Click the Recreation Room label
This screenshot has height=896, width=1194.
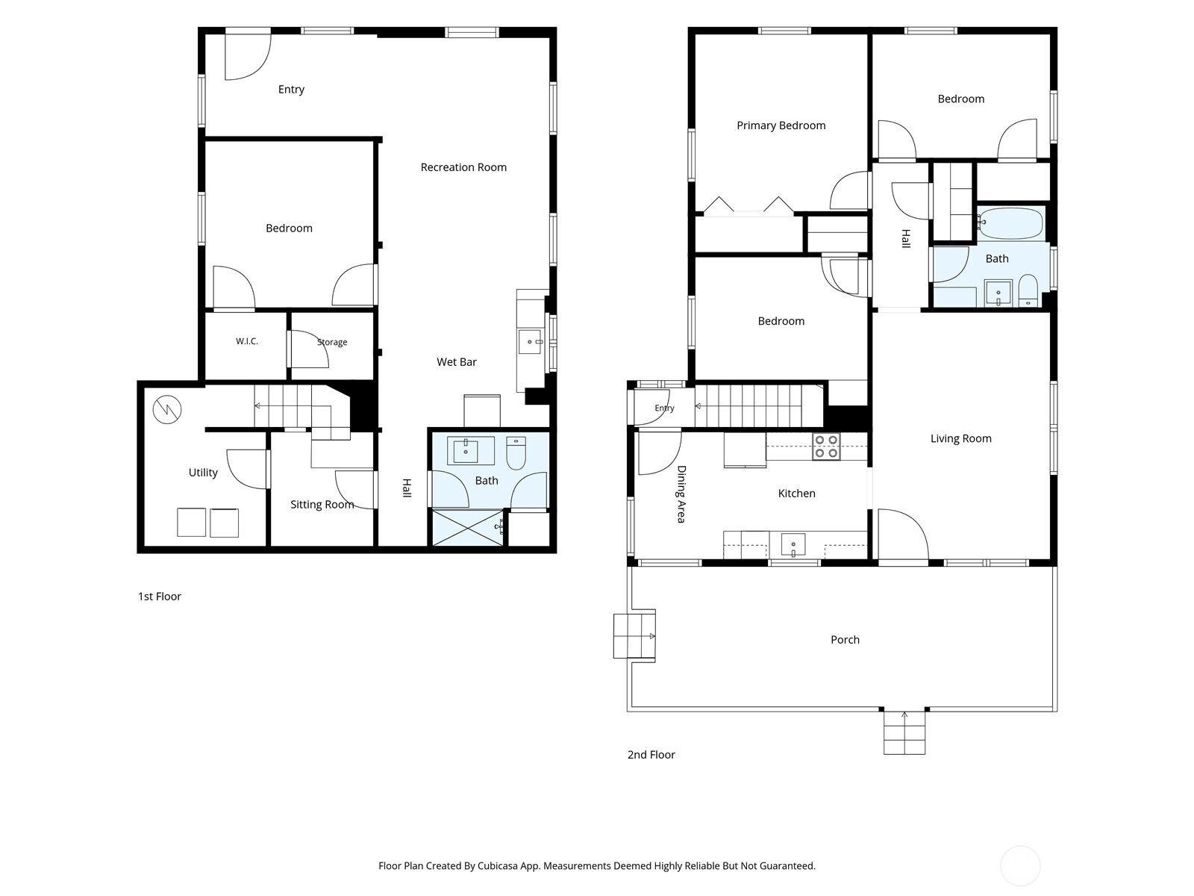coord(463,167)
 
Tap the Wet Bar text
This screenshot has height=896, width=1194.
coord(457,362)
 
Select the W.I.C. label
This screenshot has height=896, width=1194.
coord(247,341)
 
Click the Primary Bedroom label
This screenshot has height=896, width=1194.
coord(781,125)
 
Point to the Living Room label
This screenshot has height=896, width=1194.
coord(960,438)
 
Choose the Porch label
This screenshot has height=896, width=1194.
coord(845,640)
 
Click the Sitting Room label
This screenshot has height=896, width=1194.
coord(322,504)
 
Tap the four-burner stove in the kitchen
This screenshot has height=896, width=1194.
coord(826,446)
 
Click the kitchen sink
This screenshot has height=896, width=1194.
coord(793,544)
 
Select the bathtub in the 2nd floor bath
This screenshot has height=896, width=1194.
coord(1011,223)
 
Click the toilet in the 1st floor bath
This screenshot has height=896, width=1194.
coord(516,452)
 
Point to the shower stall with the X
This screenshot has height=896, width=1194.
coord(467,527)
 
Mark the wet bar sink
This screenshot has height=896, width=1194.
coord(530,342)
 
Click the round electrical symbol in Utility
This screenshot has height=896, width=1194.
coord(167,409)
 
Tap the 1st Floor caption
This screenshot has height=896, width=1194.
coord(160,597)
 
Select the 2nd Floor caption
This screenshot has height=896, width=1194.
coord(651,755)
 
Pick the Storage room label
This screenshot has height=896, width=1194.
coord(332,342)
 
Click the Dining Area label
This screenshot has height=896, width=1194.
coord(681,494)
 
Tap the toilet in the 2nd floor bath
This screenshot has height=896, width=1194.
coord(1028,290)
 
